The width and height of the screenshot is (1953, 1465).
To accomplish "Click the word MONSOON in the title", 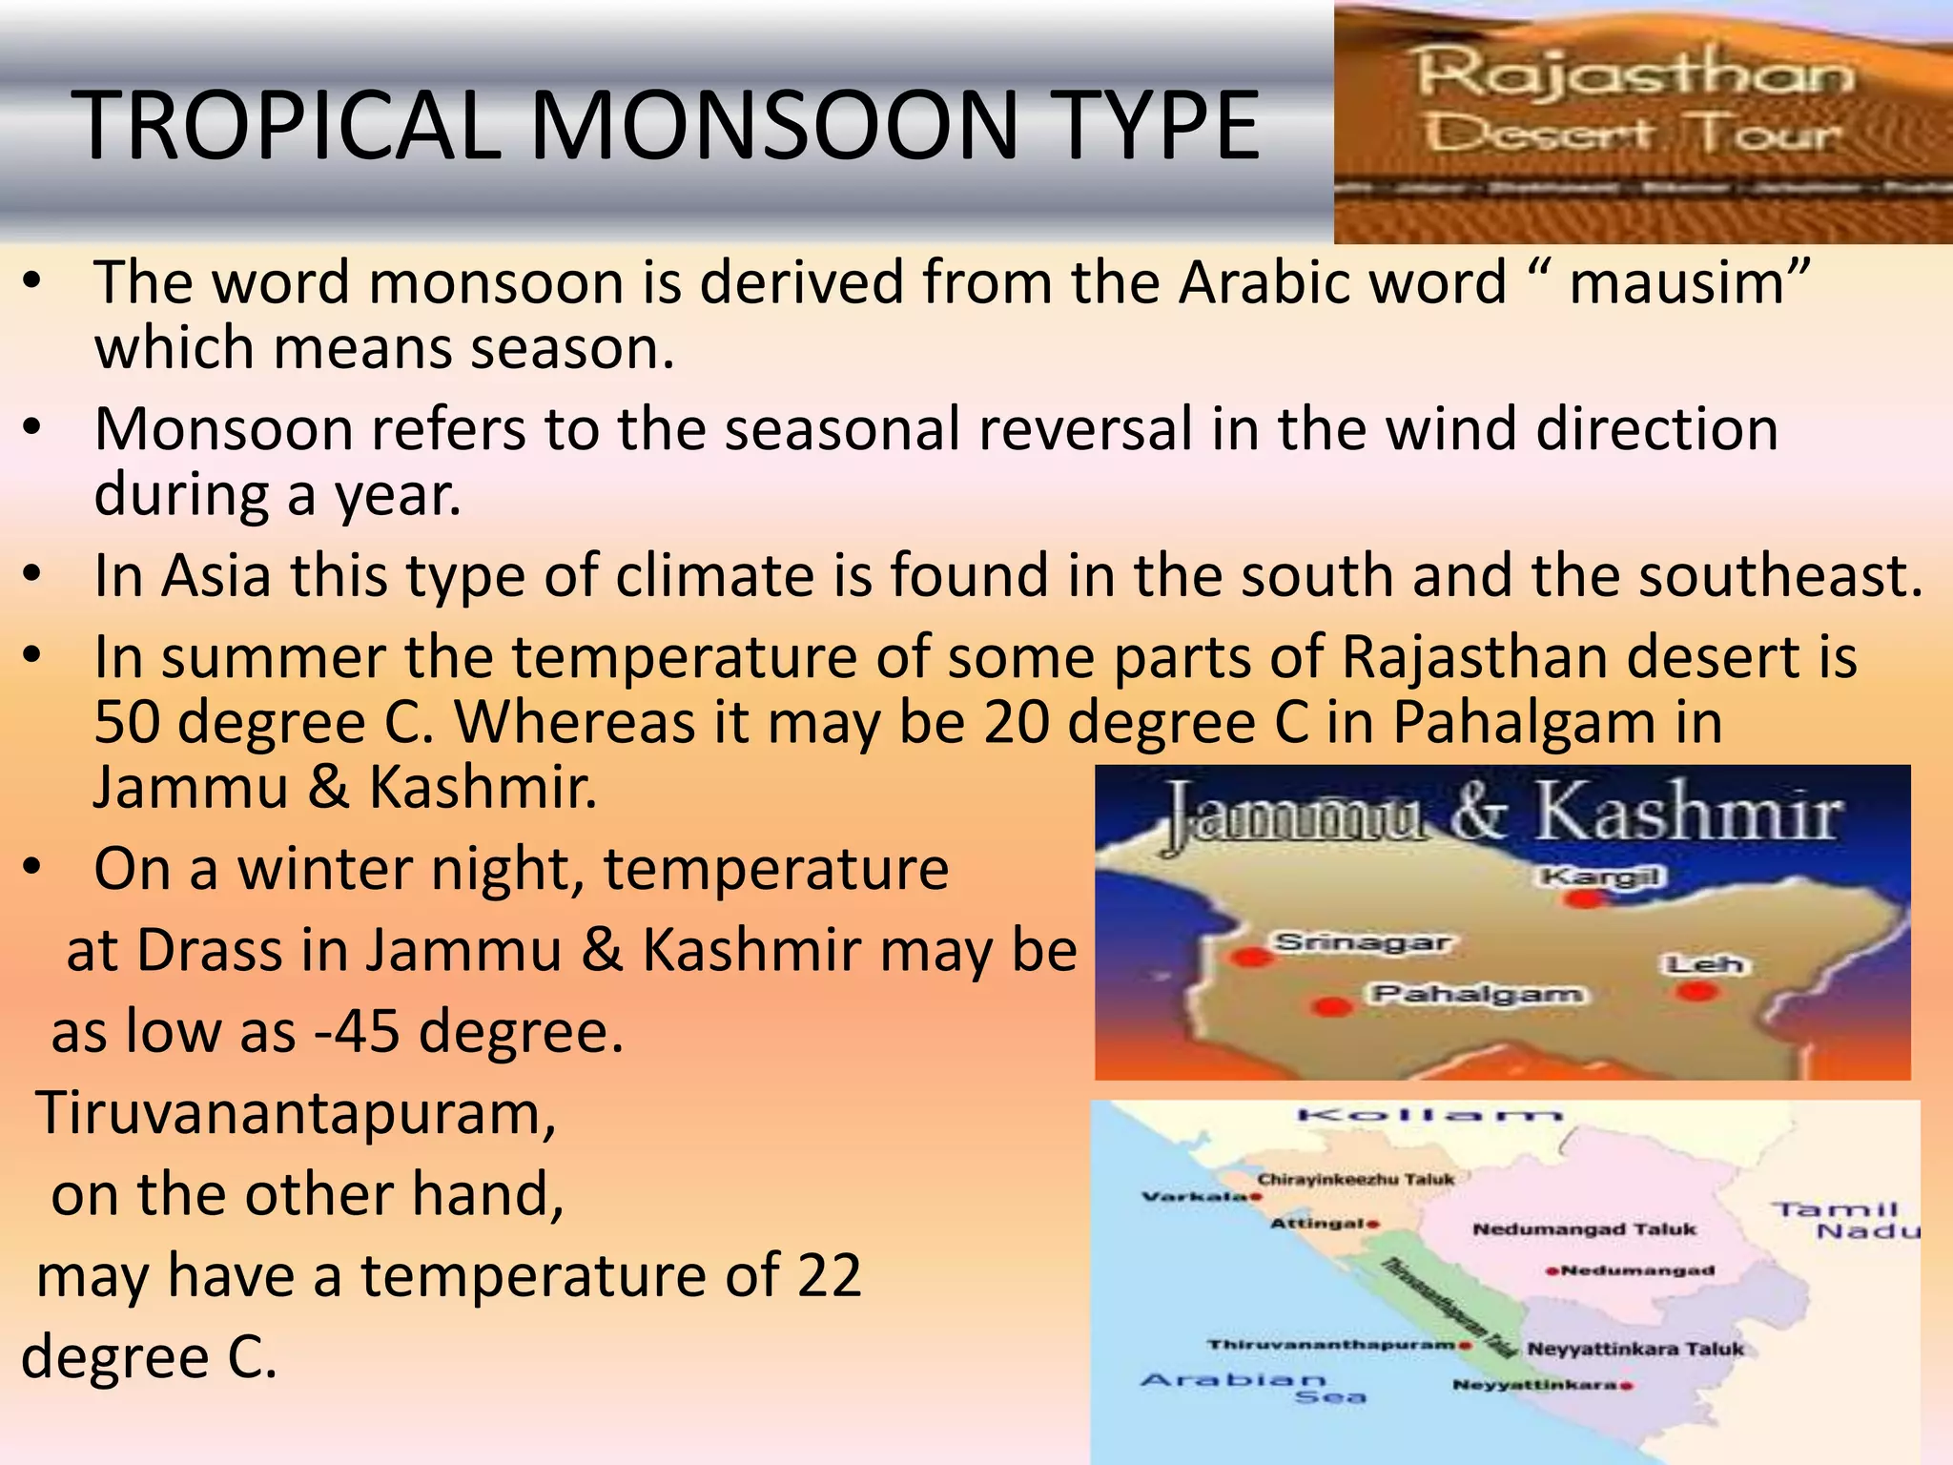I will click(774, 126).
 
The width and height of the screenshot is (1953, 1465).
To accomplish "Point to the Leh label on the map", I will click(1704, 964).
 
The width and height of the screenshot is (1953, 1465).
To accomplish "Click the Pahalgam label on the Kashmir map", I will click(1477, 995).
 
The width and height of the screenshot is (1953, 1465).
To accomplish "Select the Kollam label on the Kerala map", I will click(1429, 1115).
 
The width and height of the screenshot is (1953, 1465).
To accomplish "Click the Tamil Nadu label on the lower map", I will click(1845, 1221).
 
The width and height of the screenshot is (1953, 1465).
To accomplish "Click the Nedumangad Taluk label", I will click(1584, 1229).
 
